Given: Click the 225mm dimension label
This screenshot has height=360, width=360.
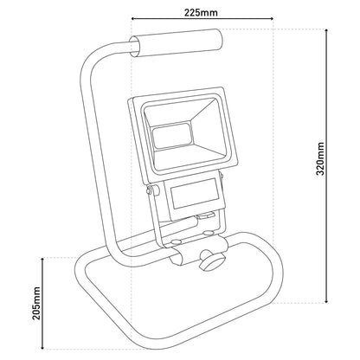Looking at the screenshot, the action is (x=201, y=13).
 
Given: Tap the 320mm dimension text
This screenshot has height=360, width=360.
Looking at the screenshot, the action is (x=320, y=158).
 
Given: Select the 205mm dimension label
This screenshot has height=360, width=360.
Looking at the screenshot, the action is (x=36, y=303).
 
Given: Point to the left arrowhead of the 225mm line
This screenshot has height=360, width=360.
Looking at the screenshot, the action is (x=133, y=19).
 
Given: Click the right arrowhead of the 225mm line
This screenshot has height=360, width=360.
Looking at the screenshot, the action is (x=271, y=19).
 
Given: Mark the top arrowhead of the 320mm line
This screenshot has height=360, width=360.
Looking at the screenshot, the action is (x=326, y=31).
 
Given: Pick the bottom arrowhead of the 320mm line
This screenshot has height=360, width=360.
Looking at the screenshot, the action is (x=326, y=301).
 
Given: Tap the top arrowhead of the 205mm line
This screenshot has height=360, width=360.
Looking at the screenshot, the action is (x=42, y=260).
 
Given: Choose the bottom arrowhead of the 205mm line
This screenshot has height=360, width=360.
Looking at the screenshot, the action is (x=42, y=347).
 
